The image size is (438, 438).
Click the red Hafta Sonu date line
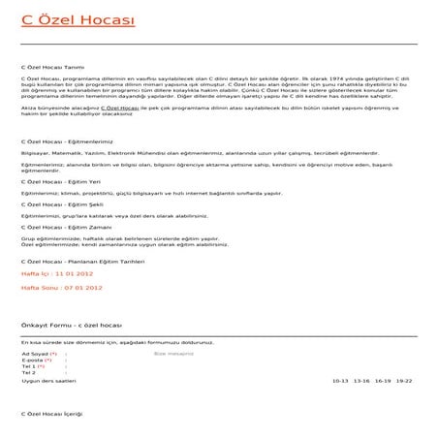pyautogui.click(x=61, y=287)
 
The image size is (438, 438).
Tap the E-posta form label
pyautogui.click(x=31, y=360)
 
